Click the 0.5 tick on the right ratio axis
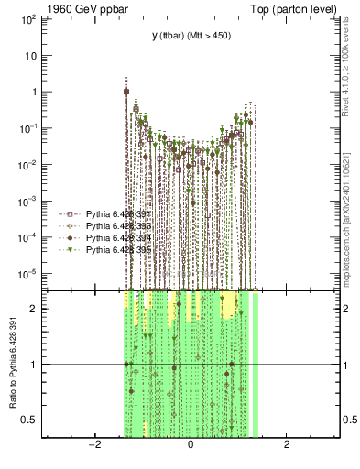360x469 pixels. (x=348, y=420)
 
